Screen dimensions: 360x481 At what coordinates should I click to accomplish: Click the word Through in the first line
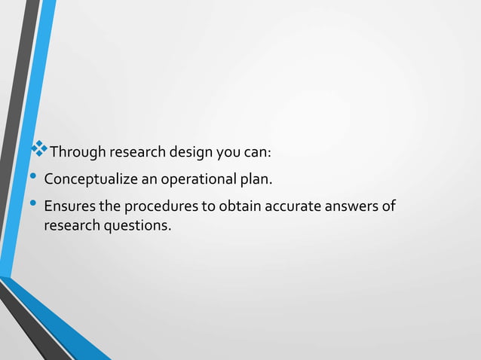[78, 154]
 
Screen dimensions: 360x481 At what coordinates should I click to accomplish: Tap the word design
[191, 154]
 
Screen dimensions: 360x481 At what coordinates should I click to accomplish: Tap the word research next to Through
[138, 154]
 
